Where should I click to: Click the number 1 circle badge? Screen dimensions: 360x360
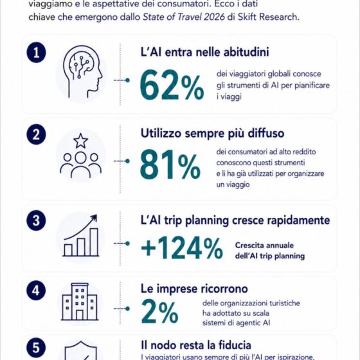[x=36, y=52]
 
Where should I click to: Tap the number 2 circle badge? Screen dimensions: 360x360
[x=36, y=134]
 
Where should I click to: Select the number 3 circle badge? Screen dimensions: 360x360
[x=36, y=221]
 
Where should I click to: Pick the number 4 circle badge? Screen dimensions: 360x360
[x=36, y=291]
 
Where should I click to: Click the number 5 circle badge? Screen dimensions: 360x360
[x=36, y=347]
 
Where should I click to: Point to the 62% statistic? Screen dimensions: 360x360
[x=172, y=85]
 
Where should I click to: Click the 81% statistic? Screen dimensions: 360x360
[x=170, y=164]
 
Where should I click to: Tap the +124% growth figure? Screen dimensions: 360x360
[x=182, y=248]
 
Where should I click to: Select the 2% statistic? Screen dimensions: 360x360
[x=160, y=311]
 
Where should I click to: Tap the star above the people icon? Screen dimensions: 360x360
[x=80, y=141]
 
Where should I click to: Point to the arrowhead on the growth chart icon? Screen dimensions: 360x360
[x=94, y=218]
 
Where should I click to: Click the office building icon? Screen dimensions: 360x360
[x=80, y=301]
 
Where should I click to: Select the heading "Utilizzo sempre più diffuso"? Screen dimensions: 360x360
[x=212, y=134]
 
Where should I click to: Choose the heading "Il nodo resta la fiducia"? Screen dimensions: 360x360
[x=196, y=345]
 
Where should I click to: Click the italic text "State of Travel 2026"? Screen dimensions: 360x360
[x=184, y=17]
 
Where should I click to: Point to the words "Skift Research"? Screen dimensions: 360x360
[x=269, y=17]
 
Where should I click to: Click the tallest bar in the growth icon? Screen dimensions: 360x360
[x=94, y=242]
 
